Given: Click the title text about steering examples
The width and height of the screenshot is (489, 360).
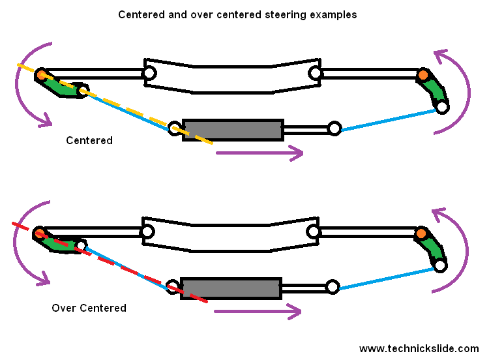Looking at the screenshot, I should click(x=237, y=14).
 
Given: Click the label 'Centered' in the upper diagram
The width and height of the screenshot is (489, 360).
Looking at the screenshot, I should click(x=89, y=140).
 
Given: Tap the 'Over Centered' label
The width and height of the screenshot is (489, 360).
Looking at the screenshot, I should click(x=89, y=308).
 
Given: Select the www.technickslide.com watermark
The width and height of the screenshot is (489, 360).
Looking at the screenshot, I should click(x=419, y=349).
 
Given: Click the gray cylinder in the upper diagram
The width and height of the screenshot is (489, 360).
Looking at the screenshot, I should click(x=232, y=130).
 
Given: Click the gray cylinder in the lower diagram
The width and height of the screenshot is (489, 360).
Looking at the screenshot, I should click(x=230, y=288).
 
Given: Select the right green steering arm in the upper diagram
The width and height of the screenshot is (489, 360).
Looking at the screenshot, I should click(x=434, y=90).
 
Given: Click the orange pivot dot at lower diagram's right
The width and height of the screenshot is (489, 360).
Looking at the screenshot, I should click(x=421, y=233).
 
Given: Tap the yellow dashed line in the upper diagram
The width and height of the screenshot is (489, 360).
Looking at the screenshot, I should click(x=130, y=111).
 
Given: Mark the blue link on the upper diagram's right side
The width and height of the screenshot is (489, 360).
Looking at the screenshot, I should click(x=388, y=120).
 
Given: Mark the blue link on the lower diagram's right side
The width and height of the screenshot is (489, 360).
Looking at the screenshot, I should click(x=386, y=277).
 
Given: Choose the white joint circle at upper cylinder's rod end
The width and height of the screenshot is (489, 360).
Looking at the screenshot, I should click(x=334, y=128).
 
